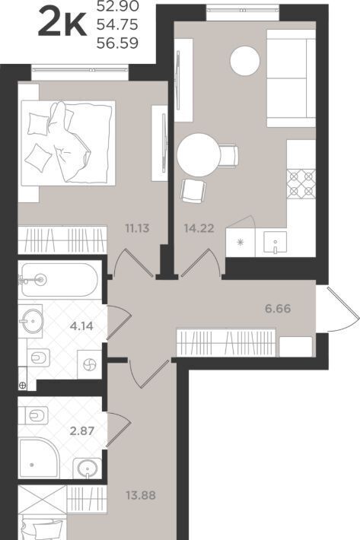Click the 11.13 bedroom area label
tap(137, 228)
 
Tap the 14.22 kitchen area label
tap(199, 228)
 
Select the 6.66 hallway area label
tap(278, 308)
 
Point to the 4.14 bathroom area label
tap(81, 326)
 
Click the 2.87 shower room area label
tap(82, 430)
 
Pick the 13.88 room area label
tap(141, 495)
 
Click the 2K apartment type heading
tap(62, 23)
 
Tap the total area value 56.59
tap(117, 43)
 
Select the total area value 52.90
tap(117, 5)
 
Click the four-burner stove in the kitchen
tap(301, 184)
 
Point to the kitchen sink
tap(275, 243)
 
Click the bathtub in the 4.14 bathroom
tap(59, 280)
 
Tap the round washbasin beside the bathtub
tap(32, 321)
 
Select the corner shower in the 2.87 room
tap(39, 458)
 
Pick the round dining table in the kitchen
tap(199, 155)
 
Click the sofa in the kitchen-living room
tap(291, 78)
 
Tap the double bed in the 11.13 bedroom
tap(68, 142)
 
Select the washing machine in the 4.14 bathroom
tap(90, 364)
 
